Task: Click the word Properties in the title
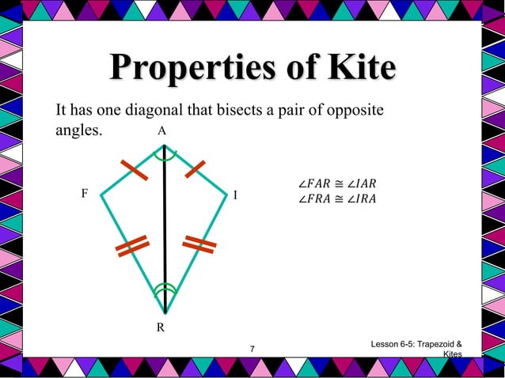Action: click(188, 69)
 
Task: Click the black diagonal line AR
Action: click(165, 229)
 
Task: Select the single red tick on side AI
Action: click(195, 169)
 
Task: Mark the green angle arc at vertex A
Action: click(165, 157)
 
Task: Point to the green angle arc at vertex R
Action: click(165, 289)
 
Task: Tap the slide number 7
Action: click(252, 350)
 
